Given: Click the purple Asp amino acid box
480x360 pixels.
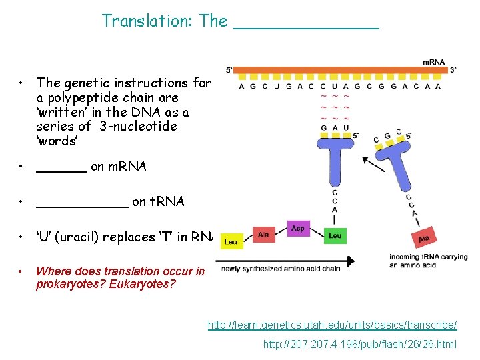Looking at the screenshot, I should [298, 228].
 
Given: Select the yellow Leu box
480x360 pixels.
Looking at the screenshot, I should [231, 241].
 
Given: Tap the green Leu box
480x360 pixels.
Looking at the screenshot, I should [335, 235].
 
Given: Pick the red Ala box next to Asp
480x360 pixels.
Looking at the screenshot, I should [263, 235].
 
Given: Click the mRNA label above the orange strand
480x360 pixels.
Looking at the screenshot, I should [433, 62].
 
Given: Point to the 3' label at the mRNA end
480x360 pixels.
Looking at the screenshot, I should [453, 69].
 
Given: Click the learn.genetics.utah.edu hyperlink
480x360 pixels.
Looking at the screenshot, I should [332, 325].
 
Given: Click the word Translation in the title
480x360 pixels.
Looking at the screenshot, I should [146, 21].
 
